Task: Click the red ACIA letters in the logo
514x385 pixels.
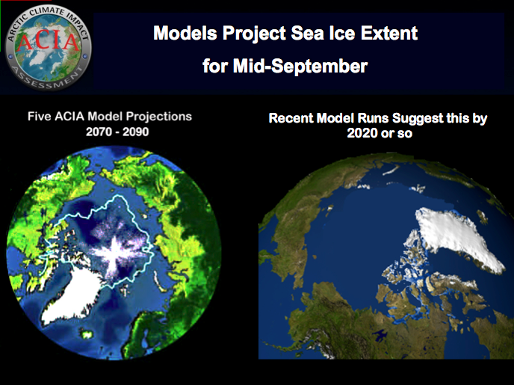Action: pyautogui.click(x=48, y=42)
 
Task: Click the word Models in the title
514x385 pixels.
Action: pyautogui.click(x=185, y=33)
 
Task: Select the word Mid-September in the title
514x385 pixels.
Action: pyautogui.click(x=300, y=66)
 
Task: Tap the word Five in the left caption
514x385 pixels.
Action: pyautogui.click(x=39, y=117)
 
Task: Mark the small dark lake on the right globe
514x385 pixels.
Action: pyautogui.click(x=380, y=335)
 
